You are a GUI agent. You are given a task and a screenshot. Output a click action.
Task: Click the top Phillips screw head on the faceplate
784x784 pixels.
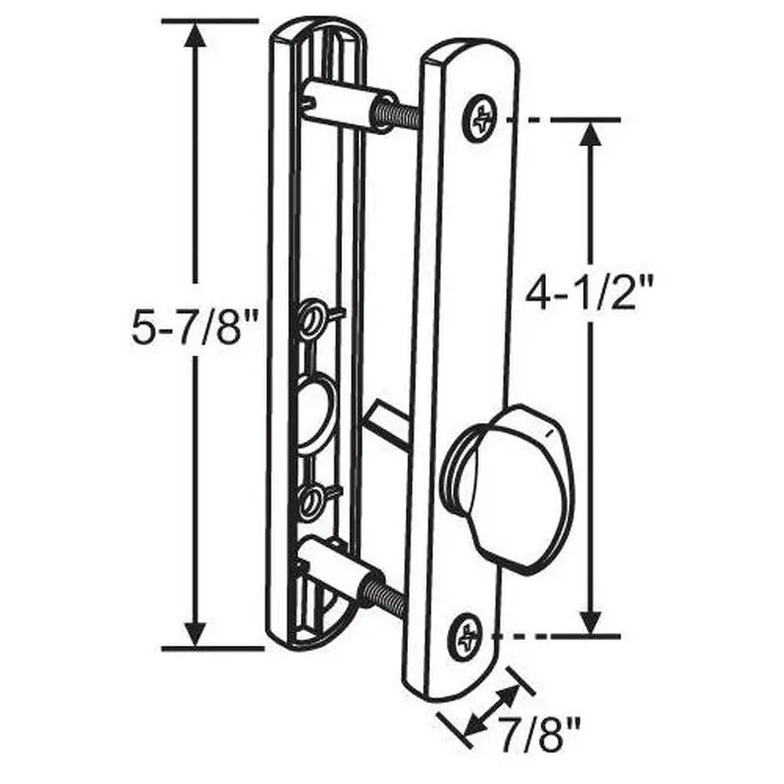click(480, 118)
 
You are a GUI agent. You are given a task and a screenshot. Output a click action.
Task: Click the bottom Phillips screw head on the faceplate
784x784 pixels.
click(465, 637)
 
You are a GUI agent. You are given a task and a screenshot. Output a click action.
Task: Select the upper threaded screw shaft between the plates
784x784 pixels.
click(398, 113)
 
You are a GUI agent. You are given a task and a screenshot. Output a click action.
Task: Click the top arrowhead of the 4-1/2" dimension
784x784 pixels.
click(590, 136)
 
